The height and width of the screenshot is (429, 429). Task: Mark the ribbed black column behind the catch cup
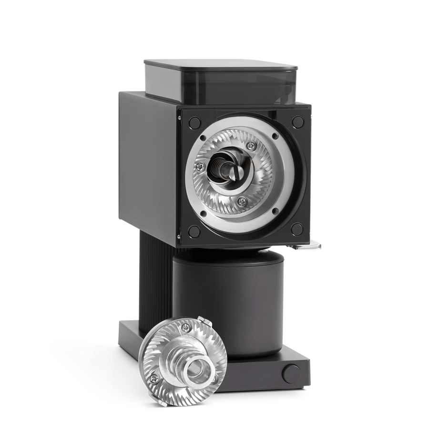pyautogui.click(x=153, y=281)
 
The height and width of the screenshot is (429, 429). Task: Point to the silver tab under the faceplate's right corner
pyautogui.click(x=310, y=246)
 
